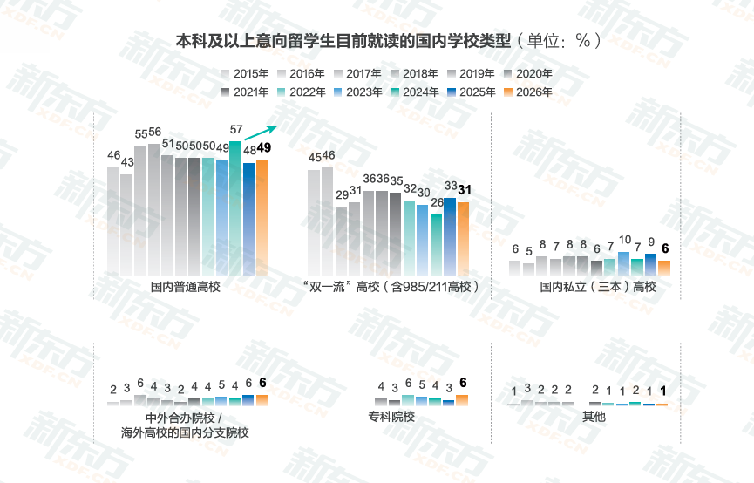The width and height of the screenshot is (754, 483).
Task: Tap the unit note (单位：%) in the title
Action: (557, 41)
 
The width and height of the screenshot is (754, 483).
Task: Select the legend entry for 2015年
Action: (247, 74)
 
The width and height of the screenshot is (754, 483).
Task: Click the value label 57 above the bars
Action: (235, 129)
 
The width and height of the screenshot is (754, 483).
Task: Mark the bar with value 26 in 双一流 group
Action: (436, 245)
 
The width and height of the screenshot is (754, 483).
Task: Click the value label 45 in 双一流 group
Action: (315, 157)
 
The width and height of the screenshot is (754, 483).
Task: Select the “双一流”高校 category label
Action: (391, 287)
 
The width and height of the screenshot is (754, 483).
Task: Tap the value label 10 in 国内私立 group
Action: (624, 240)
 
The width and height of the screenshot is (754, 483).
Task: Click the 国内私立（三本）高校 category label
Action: (597, 287)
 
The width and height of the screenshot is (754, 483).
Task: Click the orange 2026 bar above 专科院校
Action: (462, 400)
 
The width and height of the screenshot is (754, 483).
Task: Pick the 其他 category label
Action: (594, 417)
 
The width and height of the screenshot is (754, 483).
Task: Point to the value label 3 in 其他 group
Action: (527, 388)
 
